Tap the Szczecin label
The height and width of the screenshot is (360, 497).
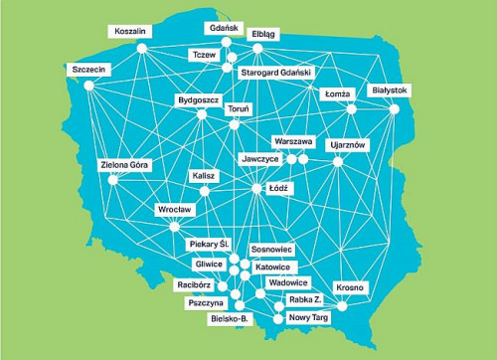click(89, 70)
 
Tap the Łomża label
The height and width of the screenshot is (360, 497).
click(340, 94)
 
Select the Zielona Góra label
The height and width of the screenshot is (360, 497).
click(125, 164)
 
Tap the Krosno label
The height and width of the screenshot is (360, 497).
click(351, 287)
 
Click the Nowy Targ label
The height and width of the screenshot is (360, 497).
click(307, 317)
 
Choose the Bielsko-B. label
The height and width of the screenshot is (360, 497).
click(231, 319)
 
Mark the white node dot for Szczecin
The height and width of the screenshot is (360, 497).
click(87, 86)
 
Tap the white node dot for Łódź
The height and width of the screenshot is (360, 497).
click(256, 188)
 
